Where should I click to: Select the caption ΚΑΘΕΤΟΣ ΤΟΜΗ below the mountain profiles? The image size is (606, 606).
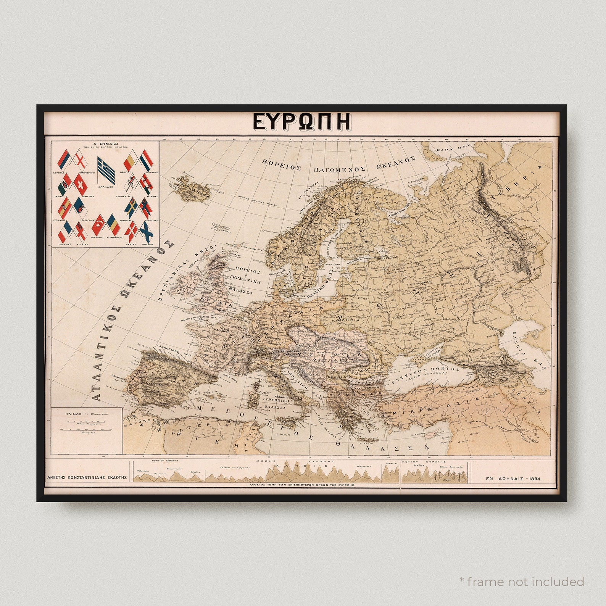click(x=301, y=485)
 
